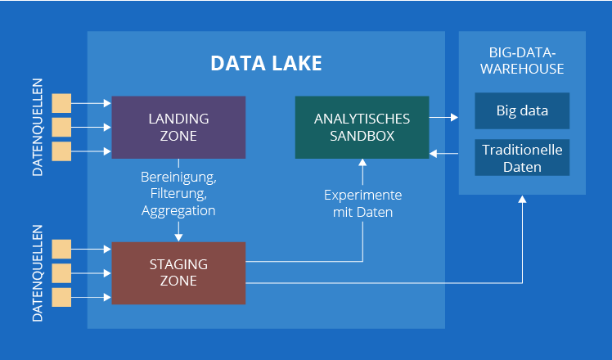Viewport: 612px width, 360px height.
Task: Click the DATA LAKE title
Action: [x=266, y=63]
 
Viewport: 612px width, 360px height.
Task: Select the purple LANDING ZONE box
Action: [x=178, y=128]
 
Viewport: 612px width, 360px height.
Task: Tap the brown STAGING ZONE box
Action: [x=178, y=273]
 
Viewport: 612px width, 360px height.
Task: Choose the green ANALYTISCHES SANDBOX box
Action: [x=362, y=128]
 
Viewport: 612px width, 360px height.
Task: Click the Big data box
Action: [x=522, y=111]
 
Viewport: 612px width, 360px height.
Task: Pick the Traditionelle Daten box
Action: [x=522, y=157]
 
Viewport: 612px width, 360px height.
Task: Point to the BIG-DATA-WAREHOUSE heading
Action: [x=522, y=61]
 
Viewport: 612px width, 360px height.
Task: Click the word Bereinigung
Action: [x=178, y=178]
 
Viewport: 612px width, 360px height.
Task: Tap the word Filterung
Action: [x=178, y=194]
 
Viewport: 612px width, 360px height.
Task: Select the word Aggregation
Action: [x=178, y=211]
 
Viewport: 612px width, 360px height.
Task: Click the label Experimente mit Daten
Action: [x=362, y=204]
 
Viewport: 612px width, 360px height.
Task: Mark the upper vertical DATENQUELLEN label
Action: [x=38, y=128]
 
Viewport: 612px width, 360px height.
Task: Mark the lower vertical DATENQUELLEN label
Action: [x=38, y=273]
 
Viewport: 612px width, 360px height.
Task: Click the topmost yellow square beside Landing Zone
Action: [x=61, y=103]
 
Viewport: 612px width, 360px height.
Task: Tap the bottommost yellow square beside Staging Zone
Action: [x=61, y=297]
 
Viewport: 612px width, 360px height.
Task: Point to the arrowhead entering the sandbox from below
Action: [x=362, y=163]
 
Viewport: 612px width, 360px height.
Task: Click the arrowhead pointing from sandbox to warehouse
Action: [x=454, y=117]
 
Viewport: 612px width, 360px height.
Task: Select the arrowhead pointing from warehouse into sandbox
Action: [x=434, y=154]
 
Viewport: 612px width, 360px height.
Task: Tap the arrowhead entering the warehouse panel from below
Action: [x=522, y=199]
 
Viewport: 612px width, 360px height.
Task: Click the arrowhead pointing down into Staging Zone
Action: [x=178, y=237]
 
